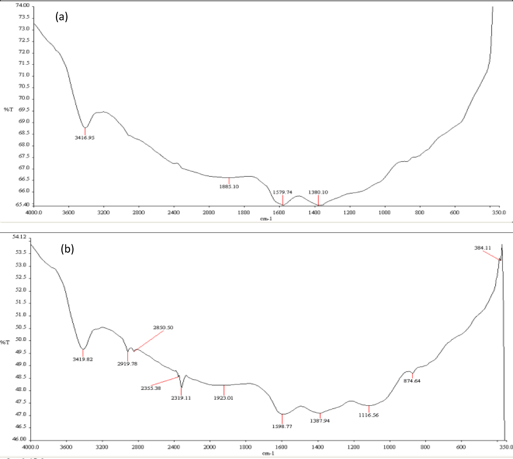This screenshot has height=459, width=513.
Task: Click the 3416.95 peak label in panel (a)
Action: click(x=85, y=138)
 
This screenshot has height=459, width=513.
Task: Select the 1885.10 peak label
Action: click(x=229, y=187)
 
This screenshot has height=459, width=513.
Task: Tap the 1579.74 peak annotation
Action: click(x=282, y=192)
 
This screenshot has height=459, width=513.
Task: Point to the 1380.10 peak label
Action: click(x=318, y=192)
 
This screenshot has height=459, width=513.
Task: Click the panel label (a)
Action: click(x=62, y=17)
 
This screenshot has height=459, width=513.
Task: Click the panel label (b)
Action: click(x=67, y=249)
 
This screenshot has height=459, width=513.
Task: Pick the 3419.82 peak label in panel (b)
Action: click(x=83, y=359)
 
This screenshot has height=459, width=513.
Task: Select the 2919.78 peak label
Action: click(x=127, y=364)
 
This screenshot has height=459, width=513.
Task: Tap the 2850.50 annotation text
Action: click(x=163, y=327)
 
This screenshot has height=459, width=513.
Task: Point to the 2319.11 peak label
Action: click(x=181, y=398)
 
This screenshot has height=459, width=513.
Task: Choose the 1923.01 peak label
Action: click(x=224, y=398)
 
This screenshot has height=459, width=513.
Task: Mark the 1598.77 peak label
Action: click(x=282, y=427)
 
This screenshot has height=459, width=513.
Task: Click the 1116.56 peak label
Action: click(x=368, y=415)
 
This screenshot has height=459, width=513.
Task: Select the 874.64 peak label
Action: click(x=412, y=381)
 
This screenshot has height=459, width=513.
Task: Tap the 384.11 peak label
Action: click(x=483, y=248)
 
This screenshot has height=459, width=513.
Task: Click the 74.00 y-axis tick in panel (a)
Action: click(x=22, y=5)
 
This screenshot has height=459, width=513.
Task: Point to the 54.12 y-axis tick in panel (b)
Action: click(x=19, y=237)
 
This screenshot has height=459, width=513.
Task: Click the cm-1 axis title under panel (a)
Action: click(x=266, y=219)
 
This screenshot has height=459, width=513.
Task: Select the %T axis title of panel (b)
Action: click(x=5, y=342)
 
